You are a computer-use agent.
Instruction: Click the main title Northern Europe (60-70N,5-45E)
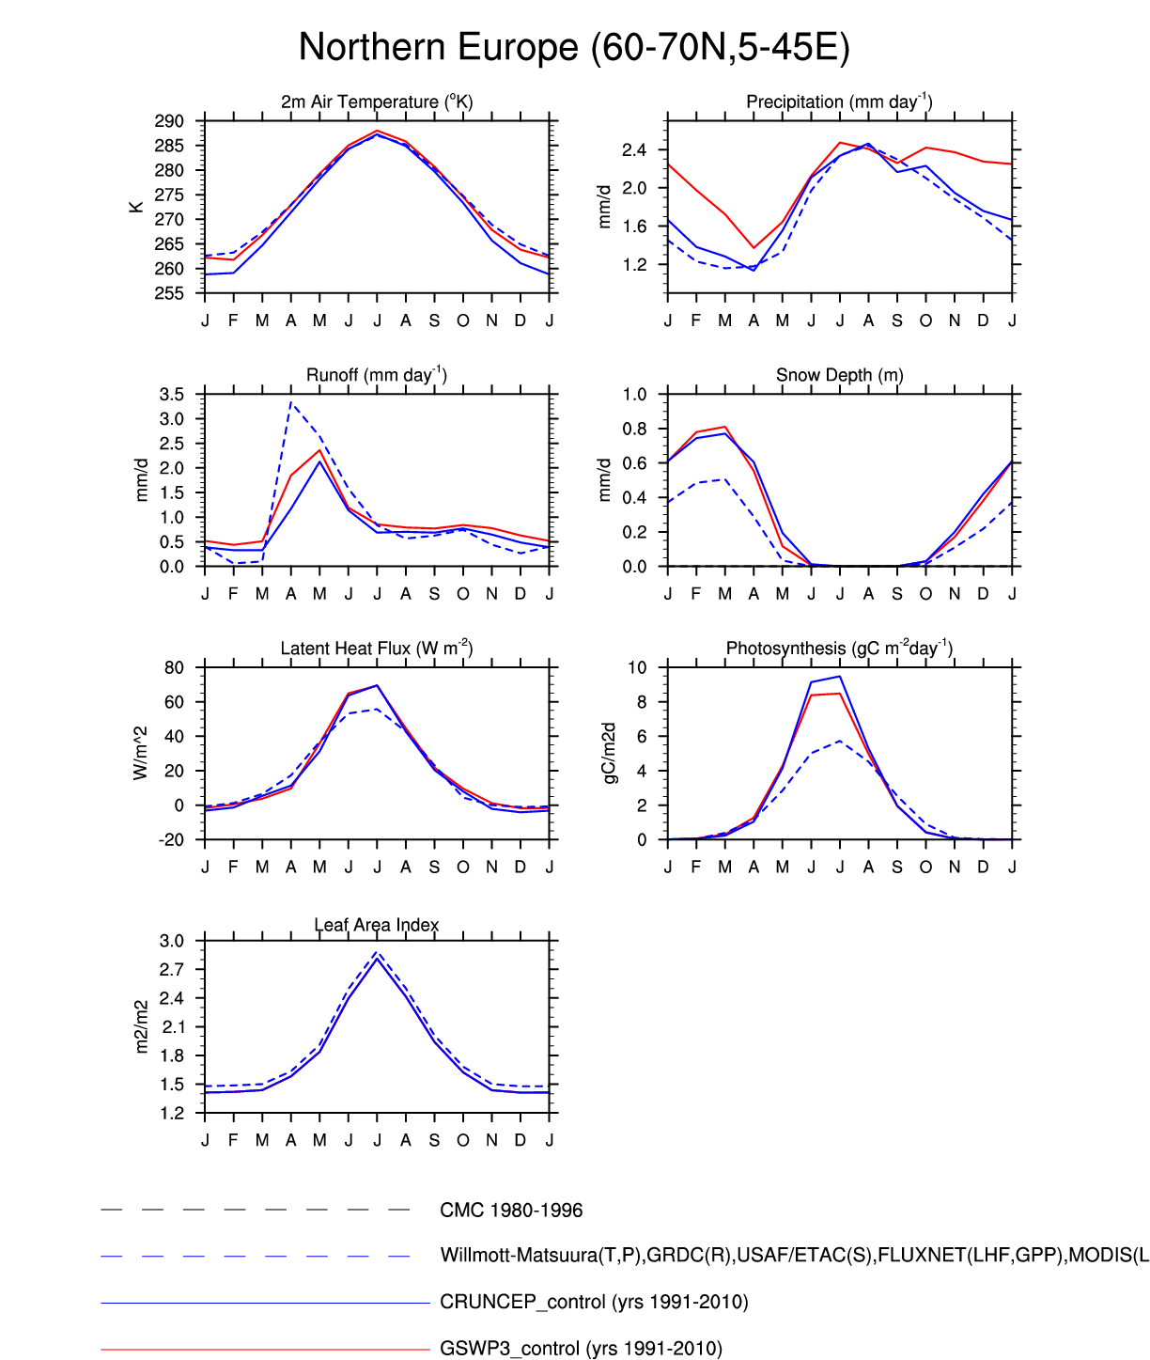click(x=574, y=47)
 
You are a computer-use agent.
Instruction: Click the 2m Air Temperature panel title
click(x=377, y=102)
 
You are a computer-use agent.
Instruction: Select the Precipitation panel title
click(x=839, y=102)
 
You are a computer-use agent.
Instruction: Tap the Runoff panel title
click(x=377, y=375)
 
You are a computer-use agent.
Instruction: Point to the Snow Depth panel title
click(x=839, y=375)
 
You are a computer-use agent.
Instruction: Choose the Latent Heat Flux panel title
click(x=377, y=649)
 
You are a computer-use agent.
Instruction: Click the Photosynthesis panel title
click(x=839, y=649)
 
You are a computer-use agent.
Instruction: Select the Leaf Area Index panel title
click(x=377, y=925)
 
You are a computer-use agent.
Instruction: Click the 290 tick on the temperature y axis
click(x=170, y=121)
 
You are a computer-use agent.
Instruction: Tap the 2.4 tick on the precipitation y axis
click(x=634, y=150)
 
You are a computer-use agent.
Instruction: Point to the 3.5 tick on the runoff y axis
click(x=172, y=394)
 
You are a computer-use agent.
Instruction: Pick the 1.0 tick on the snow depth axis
click(x=635, y=394)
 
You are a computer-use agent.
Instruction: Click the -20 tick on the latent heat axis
click(x=172, y=840)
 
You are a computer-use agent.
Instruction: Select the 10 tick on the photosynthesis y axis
click(x=638, y=667)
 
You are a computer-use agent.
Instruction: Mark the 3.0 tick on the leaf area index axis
click(x=172, y=941)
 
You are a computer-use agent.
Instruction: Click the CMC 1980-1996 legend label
click(x=511, y=1211)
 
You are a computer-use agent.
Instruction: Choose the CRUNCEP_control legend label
click(x=594, y=1302)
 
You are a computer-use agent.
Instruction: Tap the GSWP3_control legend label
click(x=581, y=1349)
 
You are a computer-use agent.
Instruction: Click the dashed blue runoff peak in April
click(x=291, y=402)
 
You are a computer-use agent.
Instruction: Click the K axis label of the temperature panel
click(x=137, y=207)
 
